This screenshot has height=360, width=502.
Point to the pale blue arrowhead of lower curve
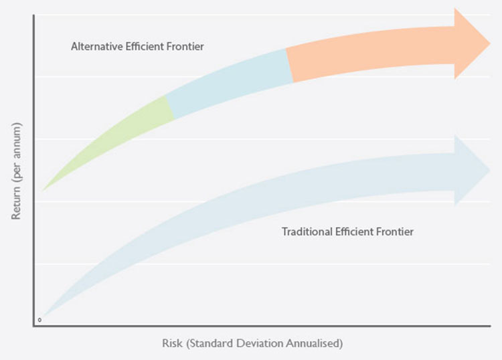473,171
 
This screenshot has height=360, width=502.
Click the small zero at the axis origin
40,320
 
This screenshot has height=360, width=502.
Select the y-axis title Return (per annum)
16,171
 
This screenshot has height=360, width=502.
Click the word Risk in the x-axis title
172,344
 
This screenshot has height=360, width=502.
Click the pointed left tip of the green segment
44,189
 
